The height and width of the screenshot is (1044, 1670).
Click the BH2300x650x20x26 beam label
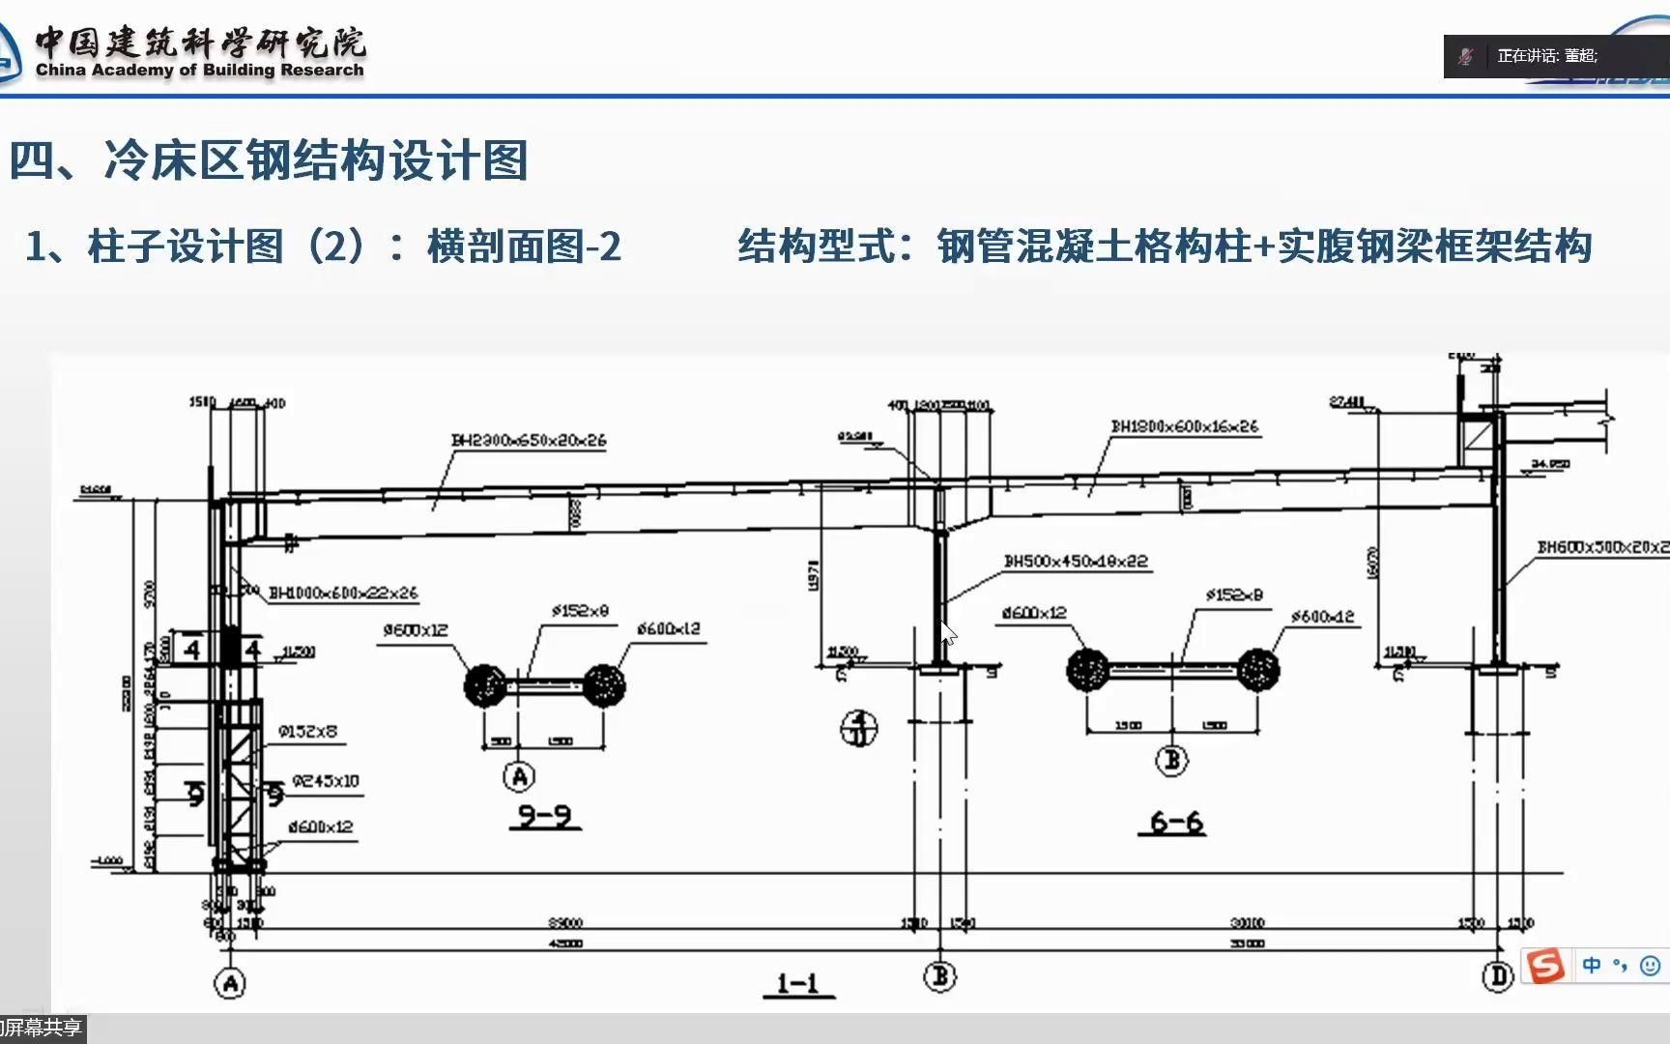tap(529, 441)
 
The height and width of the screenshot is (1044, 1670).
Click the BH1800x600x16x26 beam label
tap(1184, 426)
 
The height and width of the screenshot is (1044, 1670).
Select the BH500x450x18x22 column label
tap(1076, 562)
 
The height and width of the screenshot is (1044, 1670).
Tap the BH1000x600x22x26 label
tap(342, 594)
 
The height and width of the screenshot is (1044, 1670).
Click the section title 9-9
tap(544, 817)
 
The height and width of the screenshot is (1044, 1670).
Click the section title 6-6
tap(1175, 823)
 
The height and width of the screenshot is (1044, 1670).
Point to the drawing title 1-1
tap(798, 984)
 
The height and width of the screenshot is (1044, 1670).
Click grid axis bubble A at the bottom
tap(230, 984)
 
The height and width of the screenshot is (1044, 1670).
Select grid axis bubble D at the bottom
tap(1497, 976)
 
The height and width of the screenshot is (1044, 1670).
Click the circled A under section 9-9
tap(519, 776)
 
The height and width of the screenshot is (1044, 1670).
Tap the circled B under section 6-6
tap(1171, 760)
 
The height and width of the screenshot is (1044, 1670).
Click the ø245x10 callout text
tap(325, 781)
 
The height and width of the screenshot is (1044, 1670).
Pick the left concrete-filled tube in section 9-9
tap(484, 684)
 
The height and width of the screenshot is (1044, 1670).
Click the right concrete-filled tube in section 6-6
tap(1257, 669)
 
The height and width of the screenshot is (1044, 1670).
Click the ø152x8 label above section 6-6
tap(1233, 595)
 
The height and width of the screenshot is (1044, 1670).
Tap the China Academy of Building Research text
tap(199, 70)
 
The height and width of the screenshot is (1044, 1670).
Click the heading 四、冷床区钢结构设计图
tap(269, 160)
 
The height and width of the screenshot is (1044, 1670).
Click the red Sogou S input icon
tap(1544, 965)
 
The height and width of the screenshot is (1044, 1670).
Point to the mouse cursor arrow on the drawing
tap(948, 634)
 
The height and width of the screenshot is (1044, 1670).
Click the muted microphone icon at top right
tap(1466, 56)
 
